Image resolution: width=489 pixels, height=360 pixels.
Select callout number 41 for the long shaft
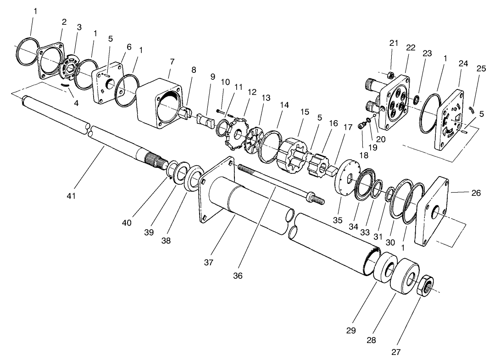tap(71, 196)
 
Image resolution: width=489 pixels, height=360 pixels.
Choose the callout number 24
tap(463, 64)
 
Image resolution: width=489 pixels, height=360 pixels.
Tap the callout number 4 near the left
tap(76, 104)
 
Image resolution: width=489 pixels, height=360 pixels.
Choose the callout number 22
tap(411, 47)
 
